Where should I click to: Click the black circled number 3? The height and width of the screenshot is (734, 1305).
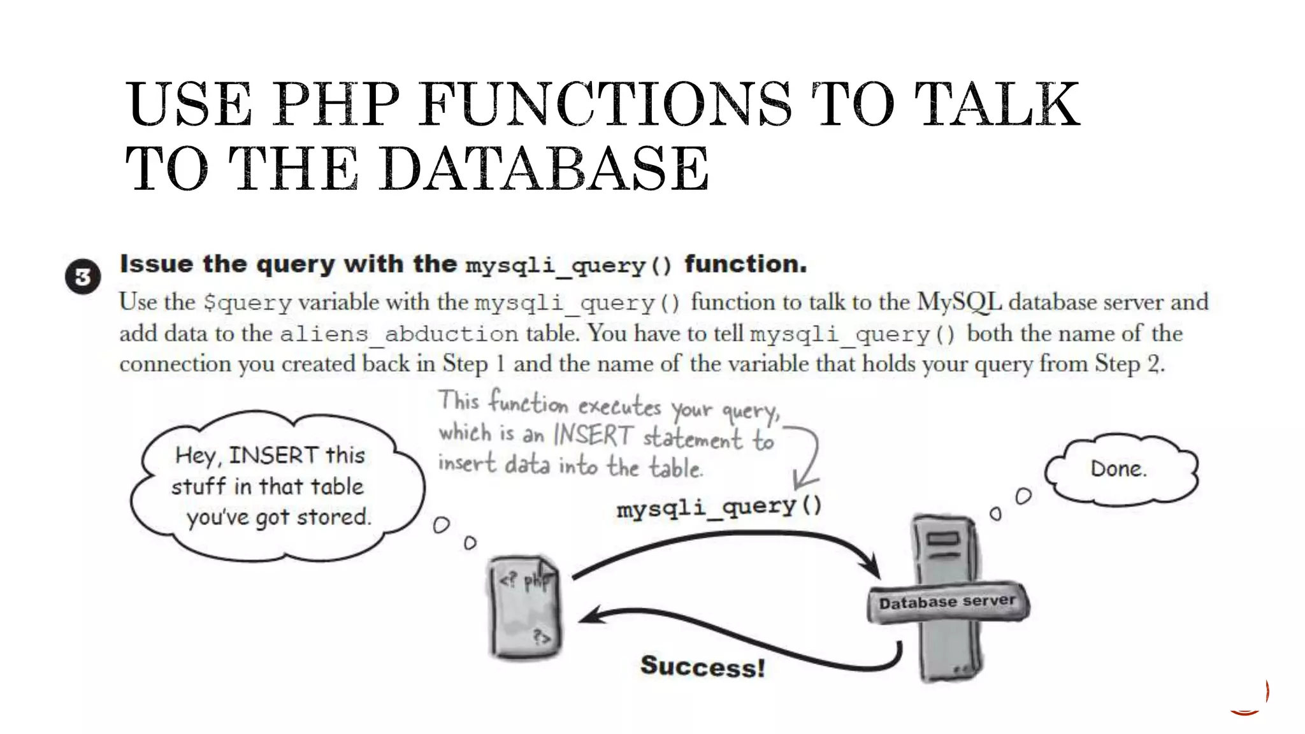pos(83,277)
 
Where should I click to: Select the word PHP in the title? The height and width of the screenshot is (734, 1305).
pos(336,104)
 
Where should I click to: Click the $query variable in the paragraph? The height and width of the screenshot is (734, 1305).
pos(247,303)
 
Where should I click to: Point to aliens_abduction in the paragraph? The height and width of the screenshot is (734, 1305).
pos(399,334)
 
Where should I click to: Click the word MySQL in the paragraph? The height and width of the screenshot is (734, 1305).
pos(958,302)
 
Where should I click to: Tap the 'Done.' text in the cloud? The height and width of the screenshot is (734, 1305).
pos(1118,470)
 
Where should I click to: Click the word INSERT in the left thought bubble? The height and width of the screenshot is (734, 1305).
pos(273,456)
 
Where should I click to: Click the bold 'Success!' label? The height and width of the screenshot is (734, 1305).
pos(702,666)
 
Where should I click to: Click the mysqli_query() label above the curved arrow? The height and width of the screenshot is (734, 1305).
pos(719,507)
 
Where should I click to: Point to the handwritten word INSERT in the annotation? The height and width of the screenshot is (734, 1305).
pos(593,436)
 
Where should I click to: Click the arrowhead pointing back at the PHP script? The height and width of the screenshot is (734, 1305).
pos(589,617)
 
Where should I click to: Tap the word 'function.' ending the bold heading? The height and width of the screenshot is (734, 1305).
pos(746,264)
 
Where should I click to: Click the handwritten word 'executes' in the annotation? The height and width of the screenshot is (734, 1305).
pos(619,407)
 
